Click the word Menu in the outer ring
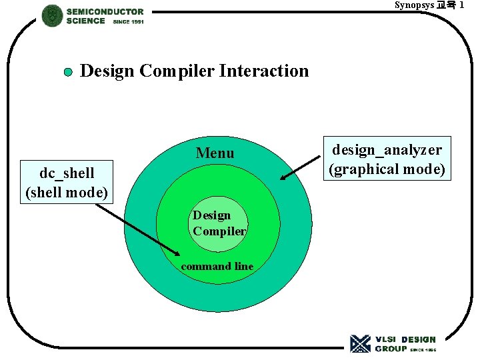click(x=215, y=153)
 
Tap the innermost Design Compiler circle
click(x=219, y=224)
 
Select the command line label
click(x=217, y=267)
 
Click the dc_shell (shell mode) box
click(x=67, y=183)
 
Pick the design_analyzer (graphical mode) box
click(x=387, y=159)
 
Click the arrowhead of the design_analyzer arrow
click(x=283, y=178)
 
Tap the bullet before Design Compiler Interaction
click(x=68, y=72)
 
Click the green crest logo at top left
click(x=52, y=15)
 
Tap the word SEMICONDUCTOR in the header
click(x=105, y=11)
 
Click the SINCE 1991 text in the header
click(x=128, y=21)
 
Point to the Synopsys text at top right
click(x=413, y=5)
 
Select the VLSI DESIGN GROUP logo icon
click(x=360, y=343)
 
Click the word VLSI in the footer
click(x=386, y=339)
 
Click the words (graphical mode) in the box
click(x=387, y=169)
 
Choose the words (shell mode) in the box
click(x=67, y=193)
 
